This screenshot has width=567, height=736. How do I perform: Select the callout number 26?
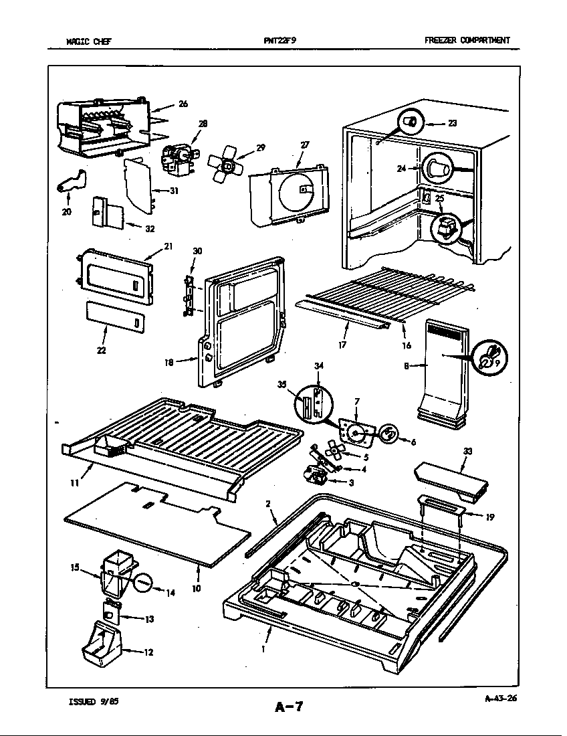[183, 104]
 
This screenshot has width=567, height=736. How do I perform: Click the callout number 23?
[452, 123]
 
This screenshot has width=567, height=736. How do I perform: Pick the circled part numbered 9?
[489, 355]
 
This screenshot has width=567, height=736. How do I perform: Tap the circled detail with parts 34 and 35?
[314, 403]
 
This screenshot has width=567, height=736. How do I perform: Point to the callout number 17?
[342, 347]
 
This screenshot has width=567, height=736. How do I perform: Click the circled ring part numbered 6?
[388, 433]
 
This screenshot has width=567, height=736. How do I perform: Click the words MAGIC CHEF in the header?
[88, 40]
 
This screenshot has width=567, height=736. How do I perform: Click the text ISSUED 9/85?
[94, 702]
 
